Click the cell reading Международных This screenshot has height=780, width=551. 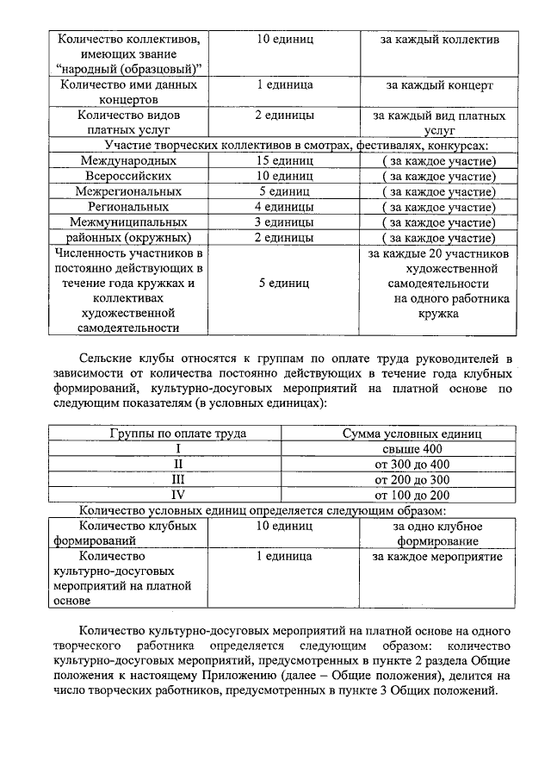pos(128,161)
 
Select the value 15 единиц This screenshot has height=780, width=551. pos(284,161)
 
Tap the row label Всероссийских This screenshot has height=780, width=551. pos(128,177)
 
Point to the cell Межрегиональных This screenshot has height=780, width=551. pos(128,191)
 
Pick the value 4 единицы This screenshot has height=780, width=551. pos(284,207)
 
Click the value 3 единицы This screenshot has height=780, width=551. pos(284,222)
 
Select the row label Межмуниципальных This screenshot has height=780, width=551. pos(128,222)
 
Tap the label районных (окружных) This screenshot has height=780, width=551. pos(128,238)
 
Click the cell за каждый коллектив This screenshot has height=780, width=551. pos(439,40)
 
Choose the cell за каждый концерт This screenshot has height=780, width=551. pos(439,85)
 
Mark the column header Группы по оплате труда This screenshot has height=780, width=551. pos(177,434)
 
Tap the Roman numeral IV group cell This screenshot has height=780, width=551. pos(177,495)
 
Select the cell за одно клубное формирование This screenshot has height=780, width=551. pos(437,533)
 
